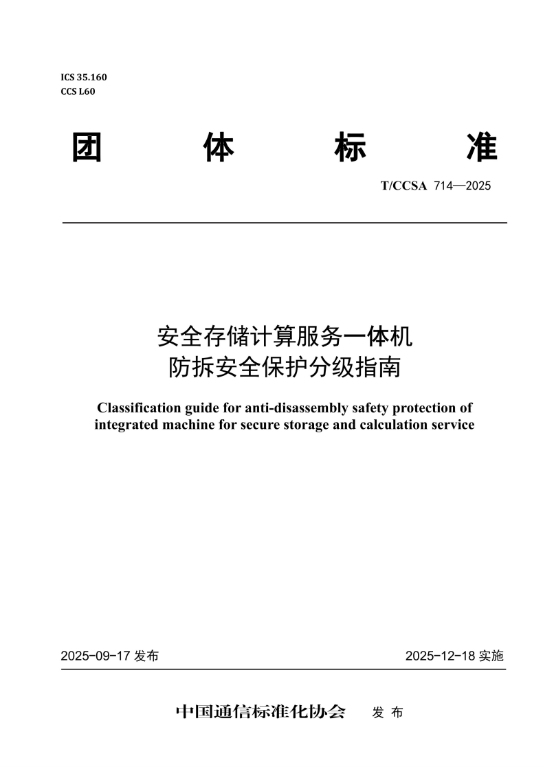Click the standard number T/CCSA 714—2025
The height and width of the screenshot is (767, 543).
[x=436, y=186]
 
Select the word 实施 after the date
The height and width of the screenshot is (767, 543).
[x=491, y=656]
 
